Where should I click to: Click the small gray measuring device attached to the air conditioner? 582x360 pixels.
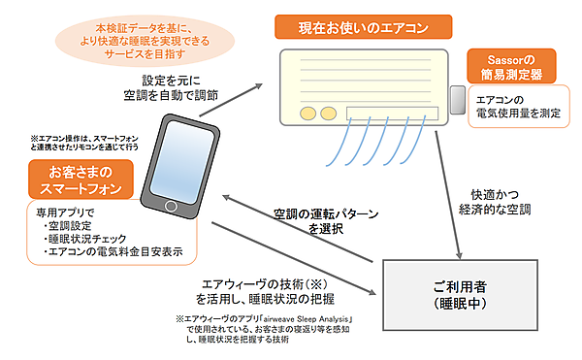tap(455, 97)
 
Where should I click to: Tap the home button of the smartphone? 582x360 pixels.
tap(172, 208)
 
